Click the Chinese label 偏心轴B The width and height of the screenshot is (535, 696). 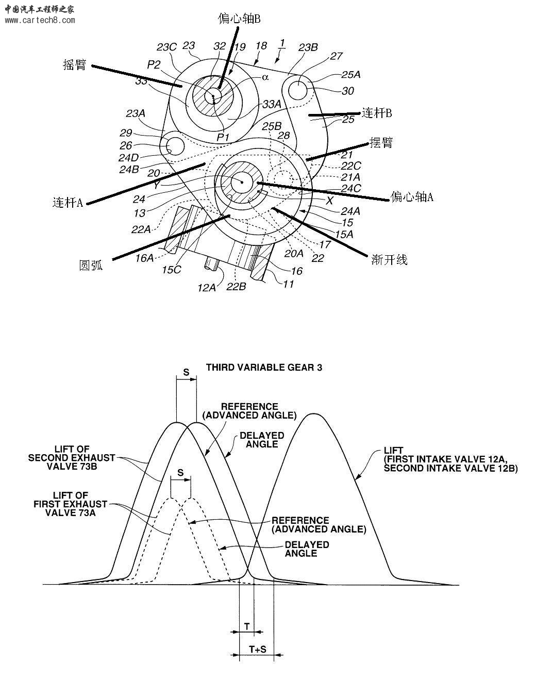[x=239, y=19]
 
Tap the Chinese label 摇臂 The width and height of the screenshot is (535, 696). [x=75, y=64]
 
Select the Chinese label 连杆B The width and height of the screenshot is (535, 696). [x=377, y=113]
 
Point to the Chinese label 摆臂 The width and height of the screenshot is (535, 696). [x=381, y=142]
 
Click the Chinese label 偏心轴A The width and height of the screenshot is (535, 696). [x=412, y=196]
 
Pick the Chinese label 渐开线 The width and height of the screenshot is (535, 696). [x=389, y=259]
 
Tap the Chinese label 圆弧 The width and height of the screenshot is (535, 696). [x=91, y=265]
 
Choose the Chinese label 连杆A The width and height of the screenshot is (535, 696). [x=68, y=202]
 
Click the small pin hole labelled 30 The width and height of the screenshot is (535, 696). [x=298, y=90]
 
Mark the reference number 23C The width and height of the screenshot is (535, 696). [x=166, y=47]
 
